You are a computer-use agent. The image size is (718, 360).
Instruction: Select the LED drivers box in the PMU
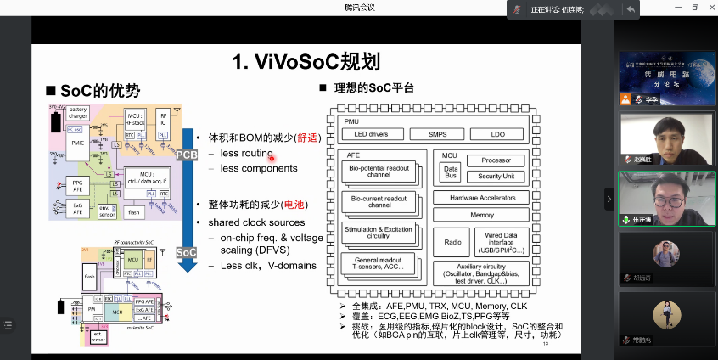[x=370, y=134]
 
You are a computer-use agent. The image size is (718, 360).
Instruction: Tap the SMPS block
[x=438, y=134]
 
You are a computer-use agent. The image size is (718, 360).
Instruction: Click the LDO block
[x=499, y=134]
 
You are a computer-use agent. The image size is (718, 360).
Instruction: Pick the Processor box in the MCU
[x=496, y=160]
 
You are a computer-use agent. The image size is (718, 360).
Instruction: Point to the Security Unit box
[x=496, y=176]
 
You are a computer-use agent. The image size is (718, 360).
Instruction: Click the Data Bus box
[x=451, y=172]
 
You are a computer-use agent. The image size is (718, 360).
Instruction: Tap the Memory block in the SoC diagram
[x=482, y=215]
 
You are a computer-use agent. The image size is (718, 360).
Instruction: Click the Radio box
[x=452, y=242]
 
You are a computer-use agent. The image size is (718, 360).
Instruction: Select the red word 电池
[x=294, y=205]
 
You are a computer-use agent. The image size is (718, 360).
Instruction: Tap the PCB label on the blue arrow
[x=187, y=155]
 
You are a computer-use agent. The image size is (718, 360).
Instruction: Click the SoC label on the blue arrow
[x=187, y=253]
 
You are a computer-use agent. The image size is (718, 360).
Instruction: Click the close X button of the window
[x=707, y=8]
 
